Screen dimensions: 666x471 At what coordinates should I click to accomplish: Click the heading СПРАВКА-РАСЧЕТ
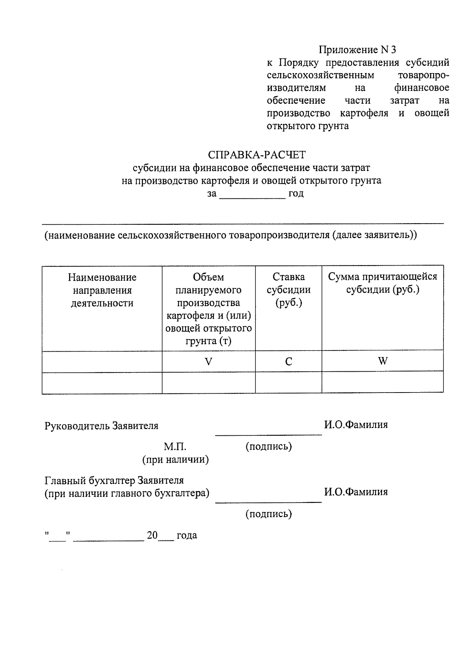click(x=257, y=154)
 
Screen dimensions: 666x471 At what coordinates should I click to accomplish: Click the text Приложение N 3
click(x=357, y=50)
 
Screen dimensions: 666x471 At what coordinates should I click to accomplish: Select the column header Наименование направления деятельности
click(x=102, y=290)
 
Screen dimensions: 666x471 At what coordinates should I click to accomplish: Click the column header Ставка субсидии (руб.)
click(x=288, y=290)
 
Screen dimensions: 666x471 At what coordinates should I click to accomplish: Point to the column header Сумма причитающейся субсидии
click(x=382, y=283)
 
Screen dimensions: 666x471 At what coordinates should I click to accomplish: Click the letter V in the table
click(x=208, y=361)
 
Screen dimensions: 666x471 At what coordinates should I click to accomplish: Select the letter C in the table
click(x=288, y=361)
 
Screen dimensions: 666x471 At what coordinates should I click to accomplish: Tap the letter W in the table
click(x=383, y=361)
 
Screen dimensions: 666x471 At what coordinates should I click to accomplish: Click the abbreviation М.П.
click(x=175, y=447)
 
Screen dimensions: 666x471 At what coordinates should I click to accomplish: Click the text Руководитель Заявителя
click(x=102, y=426)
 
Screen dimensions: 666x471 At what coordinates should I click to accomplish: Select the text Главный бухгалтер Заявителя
click(x=114, y=481)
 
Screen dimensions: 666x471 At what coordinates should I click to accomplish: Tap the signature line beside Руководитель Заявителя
click(x=268, y=434)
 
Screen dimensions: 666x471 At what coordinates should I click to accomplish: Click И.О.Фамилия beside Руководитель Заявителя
click(x=356, y=425)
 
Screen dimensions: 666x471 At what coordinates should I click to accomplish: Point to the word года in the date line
click(x=187, y=535)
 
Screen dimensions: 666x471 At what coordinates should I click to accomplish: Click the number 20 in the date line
click(x=152, y=535)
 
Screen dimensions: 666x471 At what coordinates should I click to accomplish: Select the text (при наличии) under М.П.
click(x=175, y=459)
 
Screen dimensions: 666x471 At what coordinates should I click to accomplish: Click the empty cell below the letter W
click(x=383, y=382)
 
